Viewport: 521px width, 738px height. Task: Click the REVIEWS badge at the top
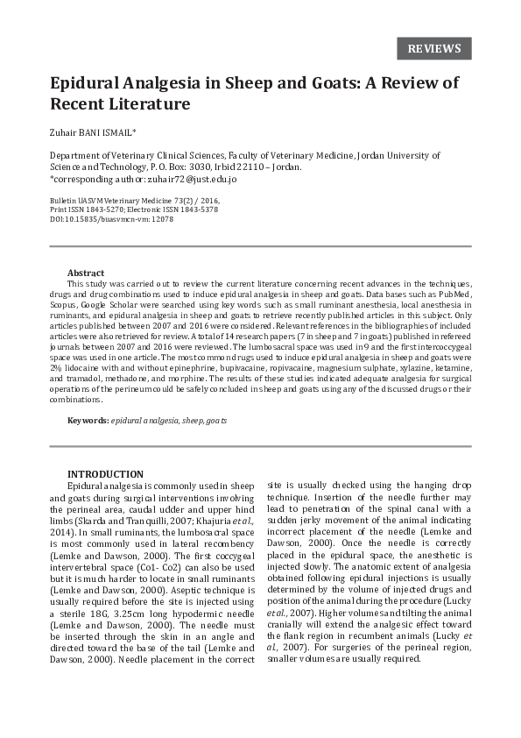(433, 47)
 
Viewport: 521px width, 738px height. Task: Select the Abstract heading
(86, 273)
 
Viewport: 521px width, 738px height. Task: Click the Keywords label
(88, 421)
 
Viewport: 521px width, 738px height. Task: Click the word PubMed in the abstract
(449, 295)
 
